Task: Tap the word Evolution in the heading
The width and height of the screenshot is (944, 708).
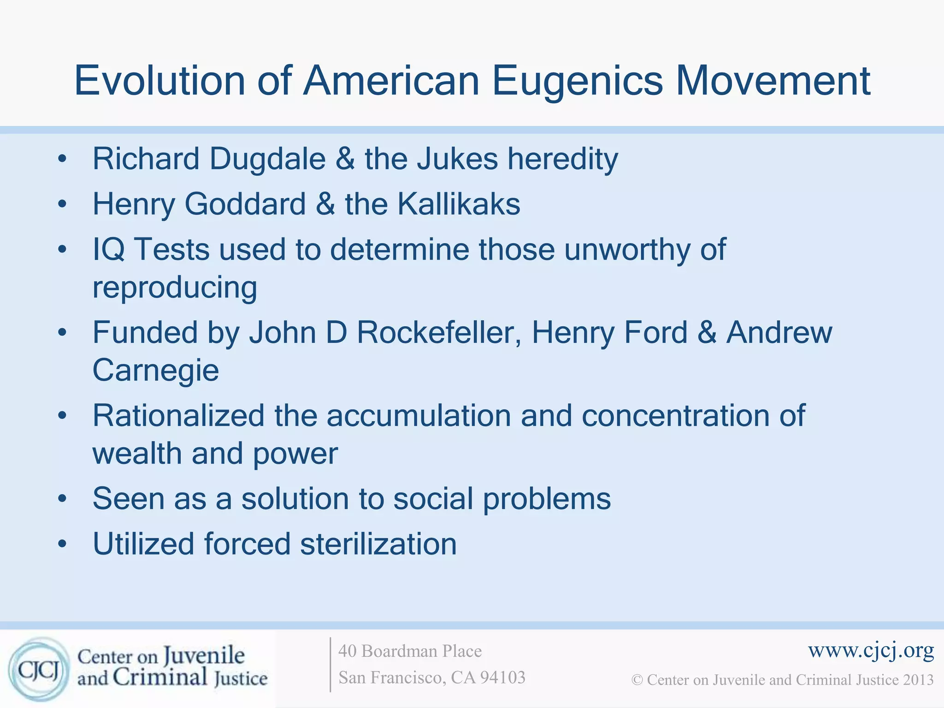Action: pyautogui.click(x=159, y=81)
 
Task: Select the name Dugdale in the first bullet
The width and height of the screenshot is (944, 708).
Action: pyautogui.click(x=267, y=159)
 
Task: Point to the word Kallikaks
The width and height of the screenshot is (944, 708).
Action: pyautogui.click(x=459, y=204)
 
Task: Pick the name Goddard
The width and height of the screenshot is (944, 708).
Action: pyautogui.click(x=245, y=204)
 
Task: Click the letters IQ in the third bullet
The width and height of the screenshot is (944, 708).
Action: pyautogui.click(x=109, y=250)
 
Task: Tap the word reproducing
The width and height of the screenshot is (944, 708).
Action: pyautogui.click(x=175, y=288)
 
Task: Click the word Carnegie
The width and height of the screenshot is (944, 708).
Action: pyautogui.click(x=156, y=371)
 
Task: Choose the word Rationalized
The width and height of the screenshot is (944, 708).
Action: pyautogui.click(x=178, y=416)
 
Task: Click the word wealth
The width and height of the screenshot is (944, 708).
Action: pyautogui.click(x=137, y=454)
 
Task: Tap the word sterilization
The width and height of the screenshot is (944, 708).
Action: pyautogui.click(x=378, y=544)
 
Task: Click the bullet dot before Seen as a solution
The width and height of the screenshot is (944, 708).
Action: pyautogui.click(x=63, y=499)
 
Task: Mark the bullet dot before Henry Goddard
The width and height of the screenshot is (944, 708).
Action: pyautogui.click(x=63, y=204)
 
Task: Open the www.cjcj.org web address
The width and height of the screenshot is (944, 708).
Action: pyautogui.click(x=871, y=650)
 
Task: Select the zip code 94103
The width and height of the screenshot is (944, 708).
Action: pyautogui.click(x=503, y=678)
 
